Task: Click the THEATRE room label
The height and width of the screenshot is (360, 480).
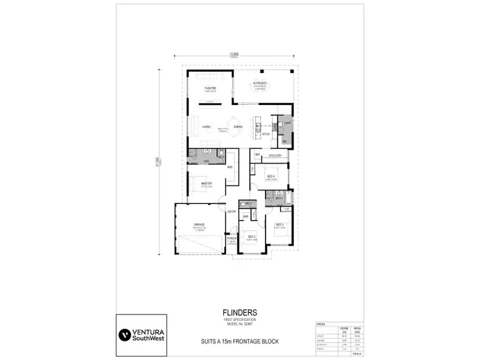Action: click(x=209, y=88)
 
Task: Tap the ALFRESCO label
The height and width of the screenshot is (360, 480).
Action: click(x=259, y=83)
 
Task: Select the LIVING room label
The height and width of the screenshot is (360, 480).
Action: click(x=206, y=127)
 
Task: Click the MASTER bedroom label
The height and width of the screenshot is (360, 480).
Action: click(x=206, y=184)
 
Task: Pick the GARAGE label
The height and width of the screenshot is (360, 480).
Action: click(x=198, y=224)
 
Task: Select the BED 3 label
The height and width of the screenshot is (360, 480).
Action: click(x=280, y=224)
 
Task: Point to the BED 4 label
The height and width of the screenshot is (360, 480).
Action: click(x=271, y=175)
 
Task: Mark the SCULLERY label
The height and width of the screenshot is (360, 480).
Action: click(x=275, y=155)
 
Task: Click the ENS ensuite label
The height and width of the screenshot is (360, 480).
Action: click(x=206, y=161)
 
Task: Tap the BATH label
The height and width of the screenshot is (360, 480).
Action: click(x=279, y=198)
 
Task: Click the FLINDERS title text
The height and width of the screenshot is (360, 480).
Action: click(x=241, y=313)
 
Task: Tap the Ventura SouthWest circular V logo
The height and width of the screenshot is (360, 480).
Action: click(x=123, y=334)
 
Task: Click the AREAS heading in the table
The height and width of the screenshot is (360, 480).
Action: click(x=321, y=324)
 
